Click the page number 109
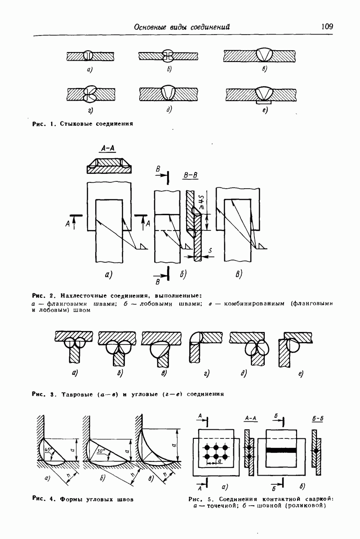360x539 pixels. pyautogui.click(x=327, y=26)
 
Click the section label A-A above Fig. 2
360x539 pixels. pyautogui.click(x=107, y=149)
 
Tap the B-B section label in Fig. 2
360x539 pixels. pyautogui.click(x=191, y=175)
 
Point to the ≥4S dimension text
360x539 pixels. pyautogui.click(x=202, y=201)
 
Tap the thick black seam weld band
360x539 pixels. pyautogui.click(x=281, y=450)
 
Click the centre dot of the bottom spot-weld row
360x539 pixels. pyautogui.click(x=216, y=456)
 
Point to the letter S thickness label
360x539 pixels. pyautogui.click(x=210, y=251)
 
